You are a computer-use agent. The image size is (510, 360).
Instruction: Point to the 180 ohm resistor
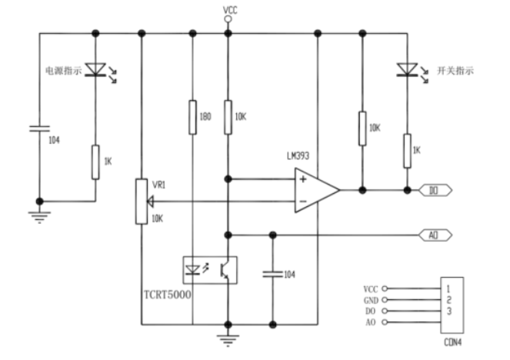click(192, 118)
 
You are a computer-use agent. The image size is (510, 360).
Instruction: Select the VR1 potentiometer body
click(141, 202)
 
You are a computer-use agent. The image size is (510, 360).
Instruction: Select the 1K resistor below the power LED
click(95, 162)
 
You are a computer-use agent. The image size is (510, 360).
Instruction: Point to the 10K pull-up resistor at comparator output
click(361, 127)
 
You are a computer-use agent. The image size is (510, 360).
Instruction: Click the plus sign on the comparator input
click(302, 180)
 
